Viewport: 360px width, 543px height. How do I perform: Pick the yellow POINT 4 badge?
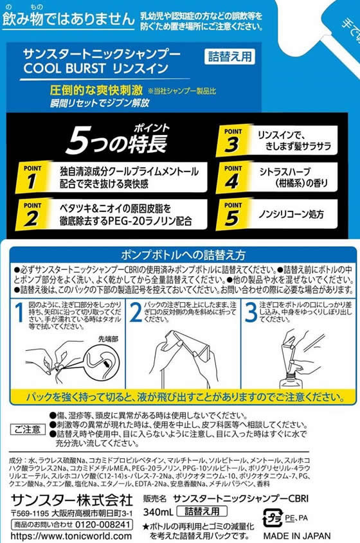coord(233,175)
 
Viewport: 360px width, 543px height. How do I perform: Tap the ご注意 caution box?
coord(28,429)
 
